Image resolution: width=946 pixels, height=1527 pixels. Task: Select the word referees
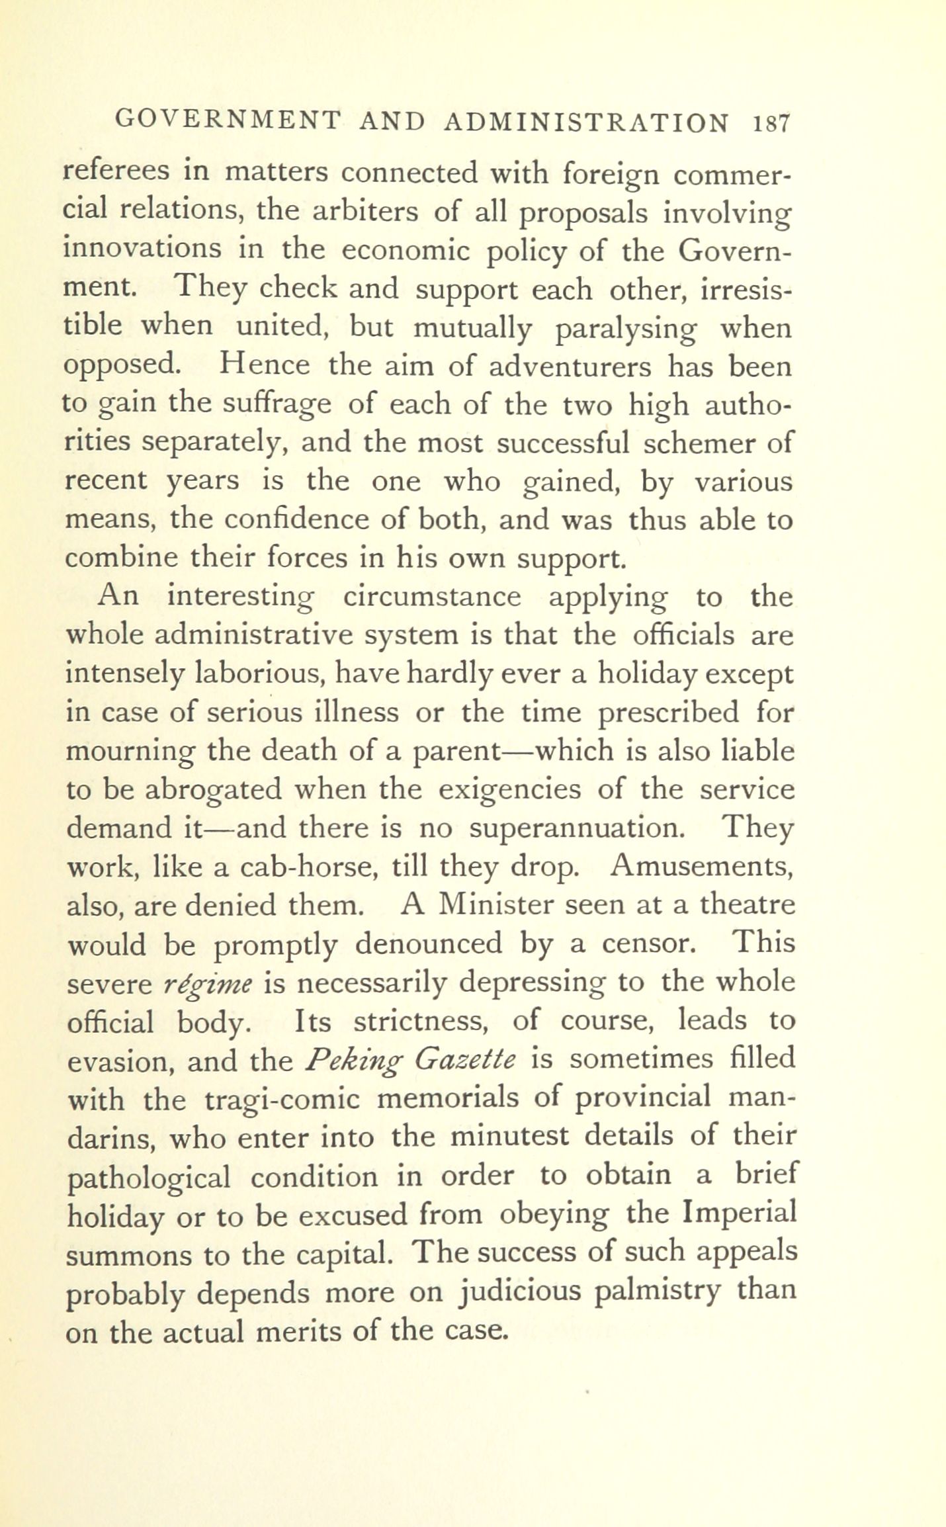[x=118, y=171]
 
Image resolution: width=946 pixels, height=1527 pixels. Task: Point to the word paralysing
[x=625, y=328]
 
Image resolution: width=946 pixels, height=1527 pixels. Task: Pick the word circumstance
[x=432, y=597]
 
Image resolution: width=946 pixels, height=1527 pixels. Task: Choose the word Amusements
[x=702, y=866]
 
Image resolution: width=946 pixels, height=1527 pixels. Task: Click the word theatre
[x=748, y=904]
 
